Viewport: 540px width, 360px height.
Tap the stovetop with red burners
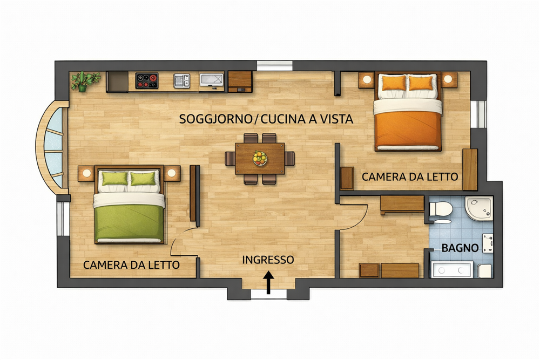click(x=147, y=80)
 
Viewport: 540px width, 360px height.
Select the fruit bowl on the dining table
click(x=260, y=158)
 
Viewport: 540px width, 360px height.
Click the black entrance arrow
click(x=268, y=283)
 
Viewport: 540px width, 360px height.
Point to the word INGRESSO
click(x=268, y=260)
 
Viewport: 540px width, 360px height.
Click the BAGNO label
click(x=460, y=248)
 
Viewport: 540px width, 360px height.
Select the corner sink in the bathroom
click(x=479, y=208)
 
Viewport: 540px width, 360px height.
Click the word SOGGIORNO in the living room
click(x=215, y=119)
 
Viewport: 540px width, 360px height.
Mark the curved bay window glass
click(x=53, y=147)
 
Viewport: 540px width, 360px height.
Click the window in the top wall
click(x=274, y=65)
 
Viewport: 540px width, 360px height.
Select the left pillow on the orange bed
click(x=394, y=83)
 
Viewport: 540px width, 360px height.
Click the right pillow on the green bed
click(x=143, y=179)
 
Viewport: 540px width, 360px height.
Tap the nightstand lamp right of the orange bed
click(x=448, y=79)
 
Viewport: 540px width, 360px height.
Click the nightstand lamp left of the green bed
click(x=87, y=173)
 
